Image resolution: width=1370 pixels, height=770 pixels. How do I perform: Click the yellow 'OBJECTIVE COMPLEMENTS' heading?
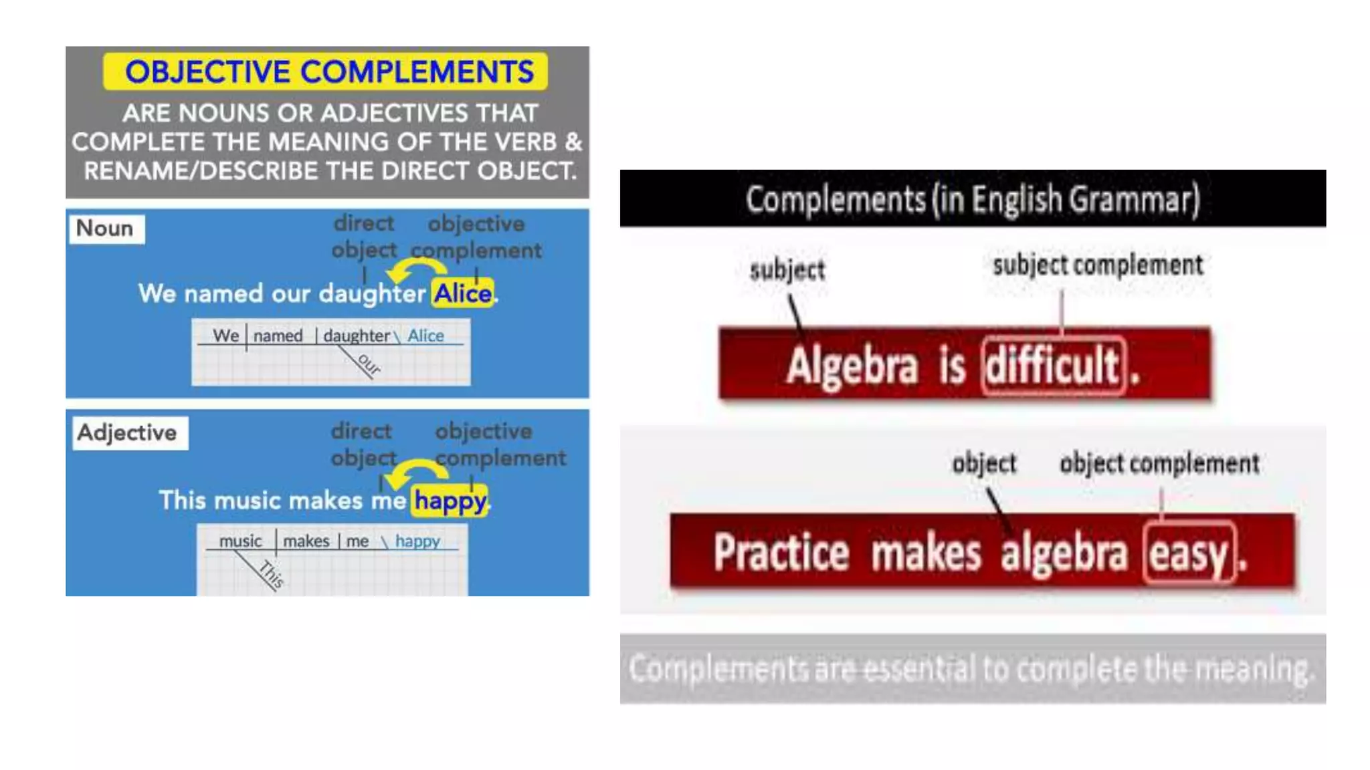(326, 72)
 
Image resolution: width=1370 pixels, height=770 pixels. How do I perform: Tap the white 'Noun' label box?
(106, 229)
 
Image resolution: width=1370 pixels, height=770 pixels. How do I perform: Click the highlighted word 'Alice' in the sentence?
(463, 293)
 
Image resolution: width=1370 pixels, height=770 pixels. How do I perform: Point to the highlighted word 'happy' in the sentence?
(450, 501)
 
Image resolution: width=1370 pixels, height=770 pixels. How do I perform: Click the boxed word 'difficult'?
(1053, 366)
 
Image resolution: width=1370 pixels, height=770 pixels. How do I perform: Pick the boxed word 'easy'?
(1189, 553)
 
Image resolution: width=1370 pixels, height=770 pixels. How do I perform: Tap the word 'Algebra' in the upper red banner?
(852, 366)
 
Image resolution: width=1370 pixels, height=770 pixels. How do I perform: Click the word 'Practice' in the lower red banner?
(781, 553)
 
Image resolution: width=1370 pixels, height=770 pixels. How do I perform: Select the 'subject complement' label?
(1098, 265)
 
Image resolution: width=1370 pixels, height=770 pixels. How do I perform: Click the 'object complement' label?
(1159, 463)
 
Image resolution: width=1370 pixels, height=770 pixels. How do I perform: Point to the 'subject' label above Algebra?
(787, 270)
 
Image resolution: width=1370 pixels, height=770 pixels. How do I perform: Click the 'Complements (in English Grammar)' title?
(973, 199)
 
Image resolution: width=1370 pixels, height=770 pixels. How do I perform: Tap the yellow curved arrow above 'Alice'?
(416, 269)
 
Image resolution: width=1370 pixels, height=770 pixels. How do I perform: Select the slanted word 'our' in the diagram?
(369, 364)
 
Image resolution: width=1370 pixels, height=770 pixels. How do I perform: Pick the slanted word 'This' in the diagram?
(272, 573)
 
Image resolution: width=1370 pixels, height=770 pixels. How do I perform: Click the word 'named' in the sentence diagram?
(278, 336)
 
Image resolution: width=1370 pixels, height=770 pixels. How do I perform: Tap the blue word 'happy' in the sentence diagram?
(417, 541)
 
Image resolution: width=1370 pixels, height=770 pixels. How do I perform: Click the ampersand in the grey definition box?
(573, 142)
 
